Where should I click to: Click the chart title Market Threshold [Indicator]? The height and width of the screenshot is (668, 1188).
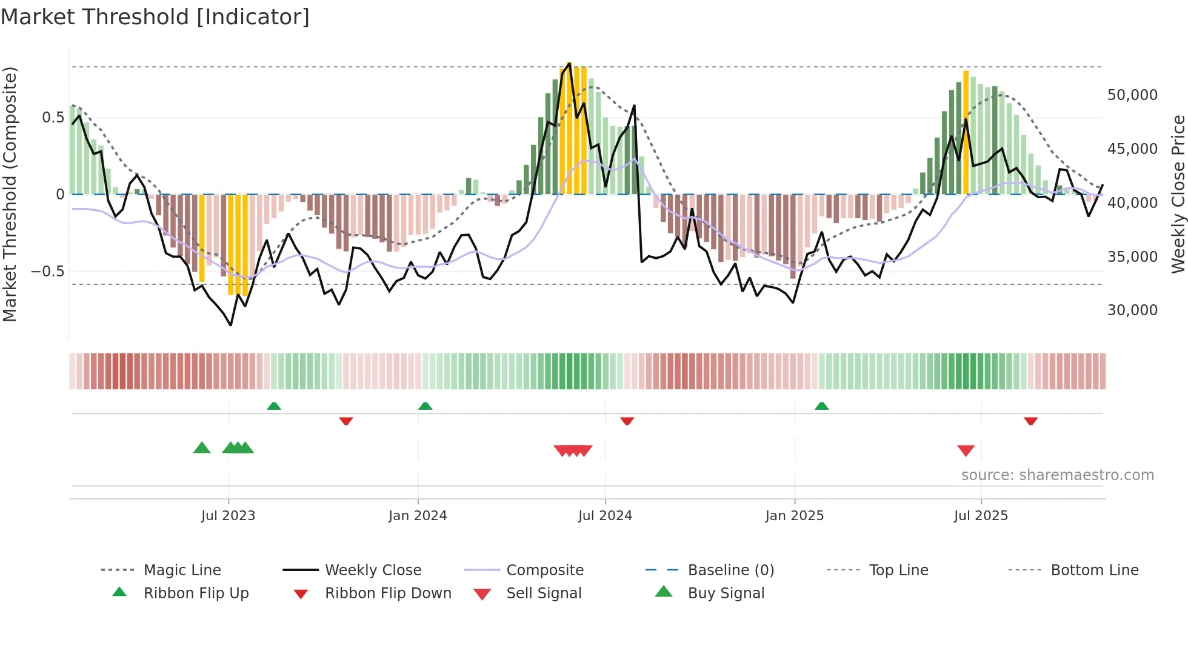coord(155,17)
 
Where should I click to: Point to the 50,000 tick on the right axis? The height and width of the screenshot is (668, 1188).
coord(1132,95)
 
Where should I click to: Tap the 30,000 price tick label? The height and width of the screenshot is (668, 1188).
coord(1132,310)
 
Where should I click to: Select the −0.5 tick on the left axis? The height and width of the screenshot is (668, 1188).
coord(47,271)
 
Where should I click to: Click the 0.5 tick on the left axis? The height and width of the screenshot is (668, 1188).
coord(53,117)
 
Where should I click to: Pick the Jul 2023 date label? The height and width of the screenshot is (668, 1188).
coord(228,516)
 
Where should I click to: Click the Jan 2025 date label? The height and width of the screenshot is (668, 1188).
coord(794,516)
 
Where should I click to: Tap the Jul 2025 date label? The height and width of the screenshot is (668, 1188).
coord(980,516)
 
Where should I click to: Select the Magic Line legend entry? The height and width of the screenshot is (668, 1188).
coord(182,570)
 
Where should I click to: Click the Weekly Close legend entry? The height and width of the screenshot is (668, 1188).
coord(373,570)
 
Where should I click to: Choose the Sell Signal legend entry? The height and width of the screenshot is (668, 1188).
coord(544,593)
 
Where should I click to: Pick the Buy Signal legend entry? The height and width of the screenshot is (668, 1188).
coord(726,593)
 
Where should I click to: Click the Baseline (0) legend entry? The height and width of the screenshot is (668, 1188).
coord(730,570)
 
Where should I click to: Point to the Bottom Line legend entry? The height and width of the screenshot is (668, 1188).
coord(1094,570)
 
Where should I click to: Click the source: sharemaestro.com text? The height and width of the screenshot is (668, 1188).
coord(1057,475)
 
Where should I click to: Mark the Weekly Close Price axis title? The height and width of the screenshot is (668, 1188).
coord(1178,194)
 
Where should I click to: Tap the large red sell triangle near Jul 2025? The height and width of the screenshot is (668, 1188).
coord(966,450)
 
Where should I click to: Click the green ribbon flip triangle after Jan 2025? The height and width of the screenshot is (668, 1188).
coord(821,406)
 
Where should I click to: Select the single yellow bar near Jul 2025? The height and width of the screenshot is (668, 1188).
coord(966,132)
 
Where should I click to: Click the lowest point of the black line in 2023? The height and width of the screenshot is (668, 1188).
coord(231,325)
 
